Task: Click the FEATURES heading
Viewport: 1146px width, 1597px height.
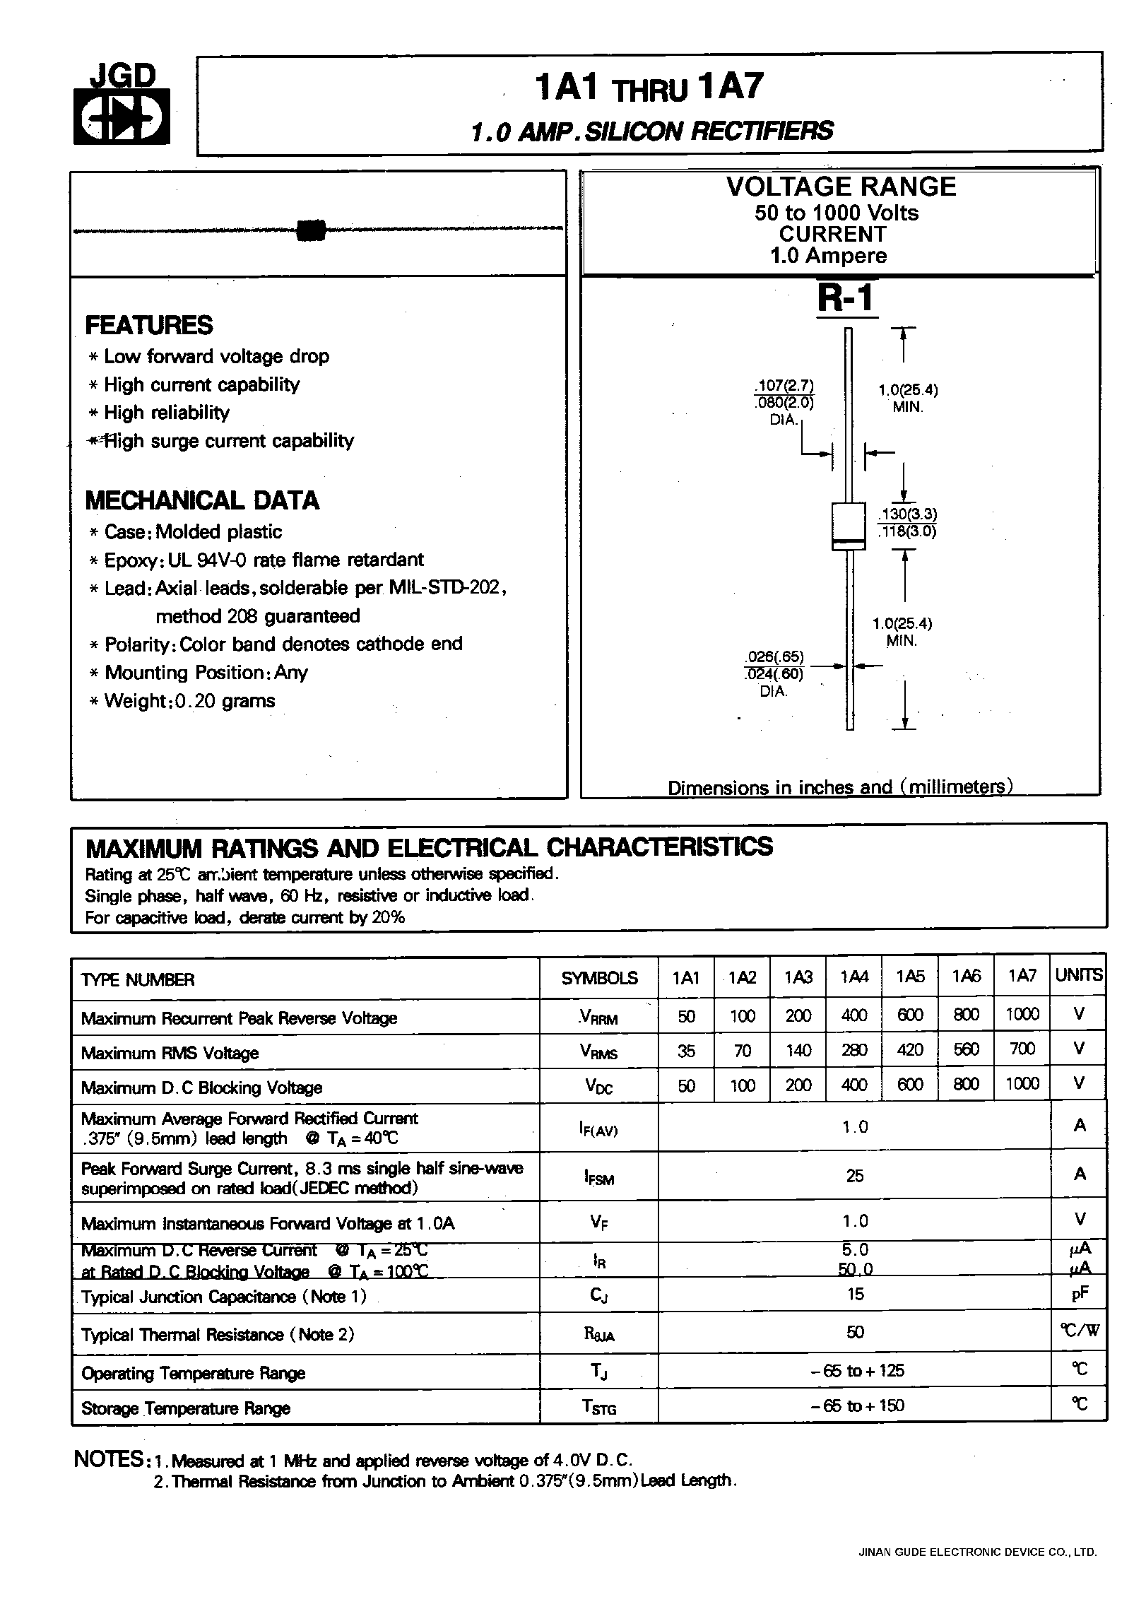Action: click(148, 325)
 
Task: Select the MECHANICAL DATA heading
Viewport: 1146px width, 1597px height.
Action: click(201, 500)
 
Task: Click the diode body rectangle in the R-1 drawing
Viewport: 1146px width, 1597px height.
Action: click(849, 526)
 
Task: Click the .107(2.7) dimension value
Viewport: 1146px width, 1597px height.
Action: click(784, 386)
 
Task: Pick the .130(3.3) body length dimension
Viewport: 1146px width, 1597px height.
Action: click(907, 514)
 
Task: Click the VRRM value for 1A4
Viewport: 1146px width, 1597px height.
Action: click(853, 1015)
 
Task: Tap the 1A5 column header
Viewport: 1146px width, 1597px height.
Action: click(910, 977)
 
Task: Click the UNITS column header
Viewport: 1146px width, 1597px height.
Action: click(1078, 976)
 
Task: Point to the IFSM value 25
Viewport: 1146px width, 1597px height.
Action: click(855, 1176)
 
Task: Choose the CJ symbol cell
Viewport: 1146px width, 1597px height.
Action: click(598, 1295)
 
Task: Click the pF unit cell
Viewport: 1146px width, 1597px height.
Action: click(1079, 1294)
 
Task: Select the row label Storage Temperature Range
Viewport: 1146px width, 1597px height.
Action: click(186, 1408)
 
